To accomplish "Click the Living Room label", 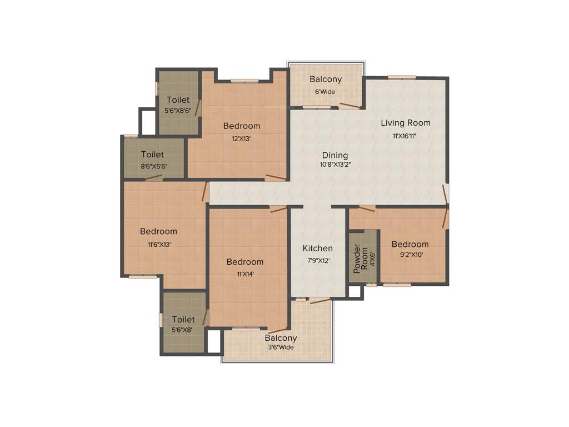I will point(405,123).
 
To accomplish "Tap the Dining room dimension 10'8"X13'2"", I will point(335,165).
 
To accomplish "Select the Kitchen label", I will point(317,249).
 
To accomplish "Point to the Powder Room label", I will point(361,259).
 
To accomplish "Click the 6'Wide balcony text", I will point(325,92).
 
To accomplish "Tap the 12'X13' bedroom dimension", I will point(241,139).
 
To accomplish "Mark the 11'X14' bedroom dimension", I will point(244,274).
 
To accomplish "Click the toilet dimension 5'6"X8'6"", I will point(178,110).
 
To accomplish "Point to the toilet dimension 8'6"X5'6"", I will point(154,166).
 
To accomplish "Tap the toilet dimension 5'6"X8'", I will point(183,329).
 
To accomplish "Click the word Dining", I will point(335,155).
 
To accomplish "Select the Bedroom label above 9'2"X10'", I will point(410,244).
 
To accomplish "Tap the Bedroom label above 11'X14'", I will point(245,262).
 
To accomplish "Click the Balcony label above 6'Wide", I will point(326,80).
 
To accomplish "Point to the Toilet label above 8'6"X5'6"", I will point(152,155).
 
